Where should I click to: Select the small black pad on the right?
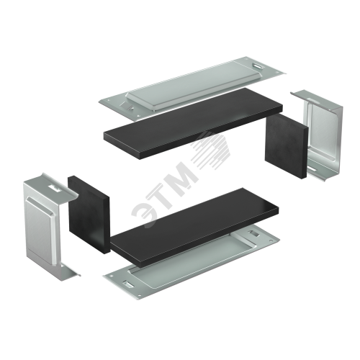pyautogui.click(x=286, y=146)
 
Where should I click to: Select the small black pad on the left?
pyautogui.click(x=89, y=214)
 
